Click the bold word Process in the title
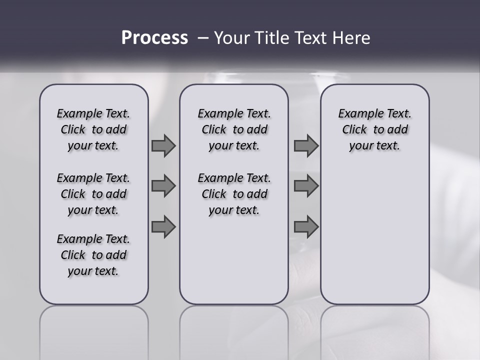coord(154,37)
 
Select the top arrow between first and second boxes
coord(163,145)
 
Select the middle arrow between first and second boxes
coord(163,186)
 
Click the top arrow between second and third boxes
coord(306,145)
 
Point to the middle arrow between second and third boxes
coord(306,186)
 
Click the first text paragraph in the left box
coord(93,129)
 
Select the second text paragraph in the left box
coord(93,194)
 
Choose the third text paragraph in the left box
coord(93,255)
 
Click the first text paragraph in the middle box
coord(234,129)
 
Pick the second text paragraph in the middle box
coord(234,194)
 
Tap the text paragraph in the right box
coord(374,129)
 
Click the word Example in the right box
coord(357,114)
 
